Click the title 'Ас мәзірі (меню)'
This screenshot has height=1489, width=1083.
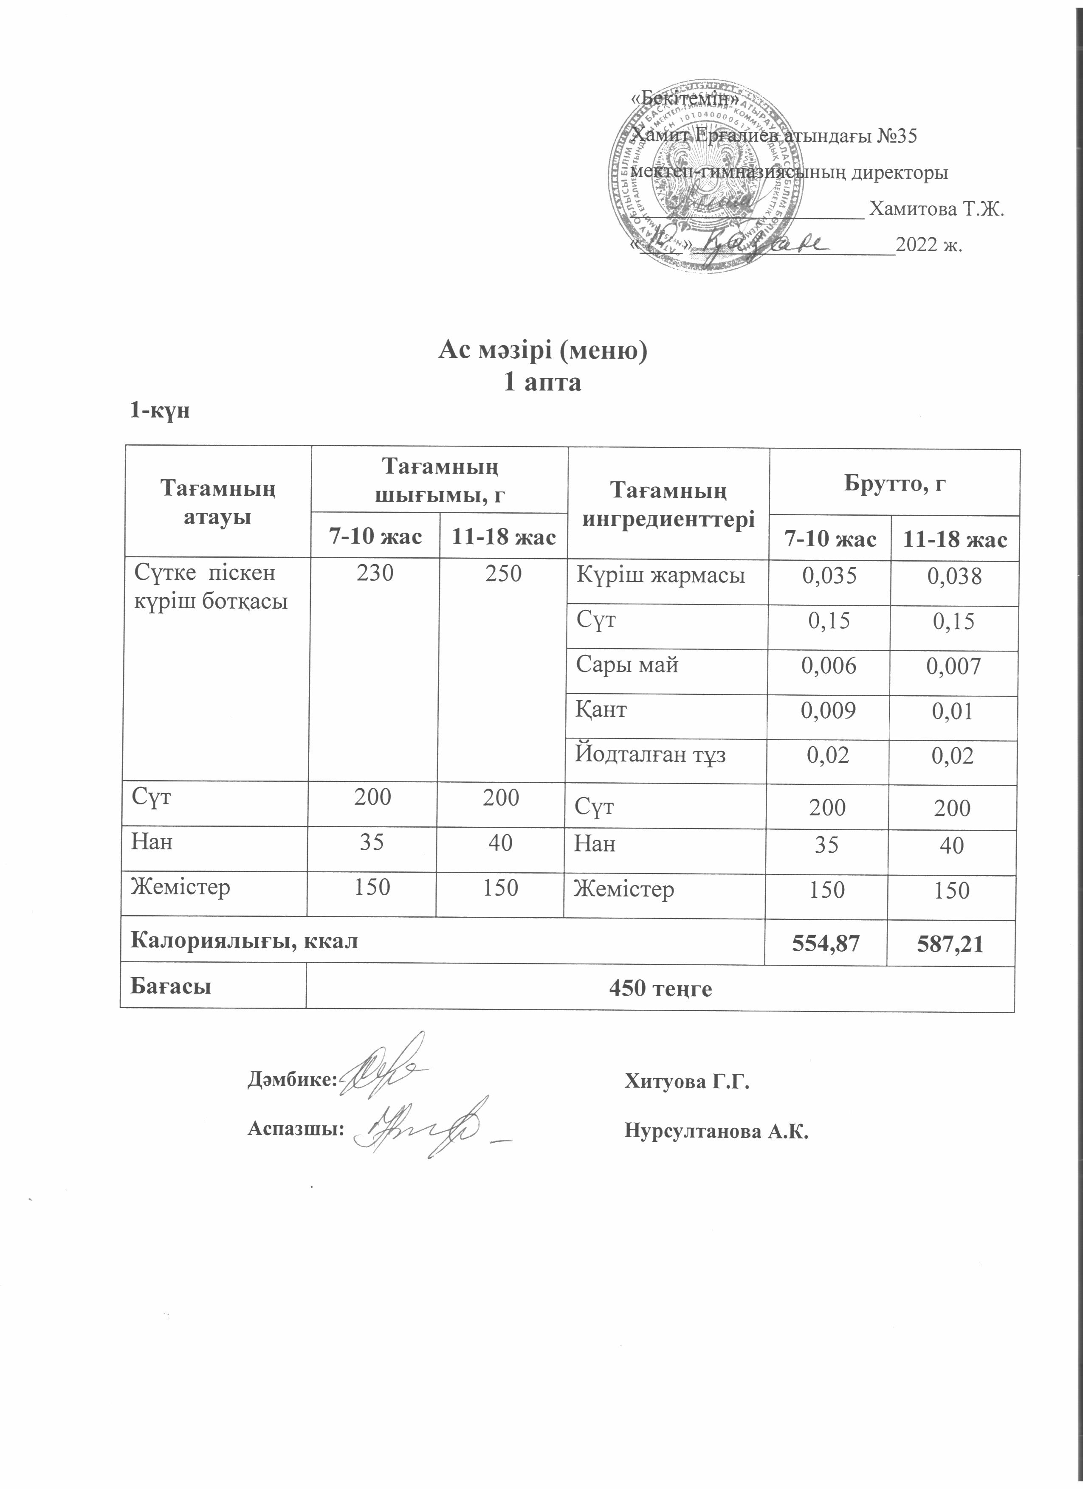click(542, 351)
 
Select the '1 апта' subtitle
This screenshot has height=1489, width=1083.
click(542, 382)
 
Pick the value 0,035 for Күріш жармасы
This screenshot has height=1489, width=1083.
click(830, 576)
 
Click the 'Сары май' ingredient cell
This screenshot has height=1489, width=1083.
click(627, 665)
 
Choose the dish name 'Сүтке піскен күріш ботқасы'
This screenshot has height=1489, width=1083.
click(211, 587)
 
